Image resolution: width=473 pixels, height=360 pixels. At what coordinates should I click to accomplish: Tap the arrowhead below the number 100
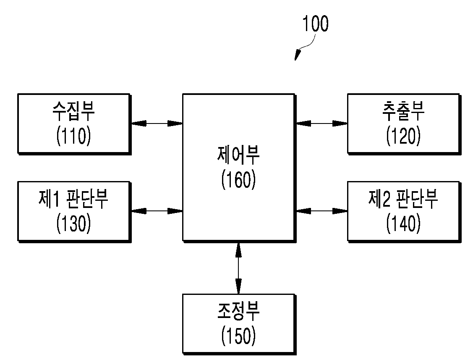298,55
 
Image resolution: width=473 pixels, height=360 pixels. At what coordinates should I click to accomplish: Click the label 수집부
73,111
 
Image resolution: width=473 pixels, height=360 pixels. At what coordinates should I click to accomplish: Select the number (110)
73,136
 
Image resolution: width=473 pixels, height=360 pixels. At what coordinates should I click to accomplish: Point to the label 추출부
403,111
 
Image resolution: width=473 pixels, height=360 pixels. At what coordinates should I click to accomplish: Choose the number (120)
403,136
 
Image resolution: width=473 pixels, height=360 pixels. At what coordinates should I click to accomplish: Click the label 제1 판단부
73,199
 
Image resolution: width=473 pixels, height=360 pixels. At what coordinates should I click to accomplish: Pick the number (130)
73,223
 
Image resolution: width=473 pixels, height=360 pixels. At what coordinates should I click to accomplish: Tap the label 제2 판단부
403,199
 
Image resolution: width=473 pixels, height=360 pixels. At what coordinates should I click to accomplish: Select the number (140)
403,223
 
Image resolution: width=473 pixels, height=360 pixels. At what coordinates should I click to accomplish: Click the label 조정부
238,311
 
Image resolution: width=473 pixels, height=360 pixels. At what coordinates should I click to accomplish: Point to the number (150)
238,336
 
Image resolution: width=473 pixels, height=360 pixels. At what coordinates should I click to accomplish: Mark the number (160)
238,180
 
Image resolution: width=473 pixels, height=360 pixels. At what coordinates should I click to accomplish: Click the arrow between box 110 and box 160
157,124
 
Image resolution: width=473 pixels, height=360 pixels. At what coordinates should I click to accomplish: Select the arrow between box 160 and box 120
322,124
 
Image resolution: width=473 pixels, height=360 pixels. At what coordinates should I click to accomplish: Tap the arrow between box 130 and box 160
157,211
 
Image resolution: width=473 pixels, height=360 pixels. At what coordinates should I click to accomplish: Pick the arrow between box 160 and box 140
322,211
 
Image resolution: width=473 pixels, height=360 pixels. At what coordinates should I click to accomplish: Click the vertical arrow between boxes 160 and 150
238,268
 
